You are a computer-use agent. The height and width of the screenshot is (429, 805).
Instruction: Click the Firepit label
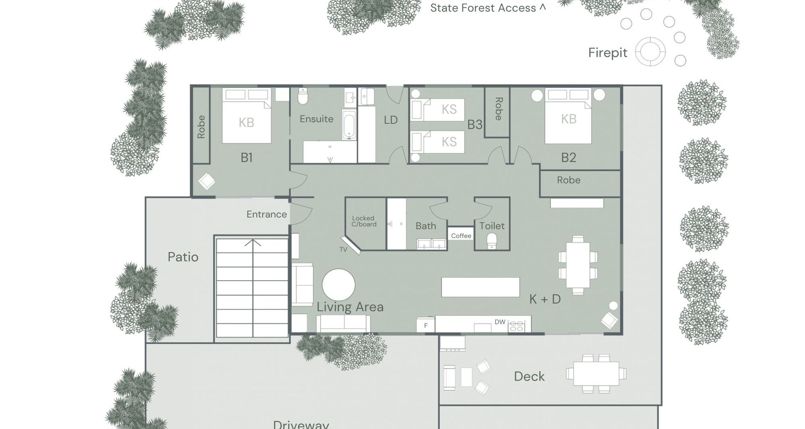click(608, 53)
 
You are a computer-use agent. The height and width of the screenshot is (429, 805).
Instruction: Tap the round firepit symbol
click(650, 52)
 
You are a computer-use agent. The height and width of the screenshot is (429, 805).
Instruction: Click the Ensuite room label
click(317, 119)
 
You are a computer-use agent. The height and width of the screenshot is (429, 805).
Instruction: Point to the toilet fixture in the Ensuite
click(303, 96)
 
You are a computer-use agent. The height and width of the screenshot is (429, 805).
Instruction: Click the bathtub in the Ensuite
click(349, 125)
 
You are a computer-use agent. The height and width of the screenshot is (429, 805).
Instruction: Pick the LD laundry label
click(391, 120)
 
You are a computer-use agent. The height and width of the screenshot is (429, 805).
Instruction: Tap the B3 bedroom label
click(475, 125)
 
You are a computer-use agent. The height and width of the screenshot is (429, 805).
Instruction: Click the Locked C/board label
click(364, 221)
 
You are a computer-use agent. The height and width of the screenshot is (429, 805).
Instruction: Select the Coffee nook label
click(461, 236)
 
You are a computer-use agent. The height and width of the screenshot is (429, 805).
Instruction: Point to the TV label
click(343, 250)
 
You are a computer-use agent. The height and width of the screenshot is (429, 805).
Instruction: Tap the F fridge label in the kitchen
click(426, 326)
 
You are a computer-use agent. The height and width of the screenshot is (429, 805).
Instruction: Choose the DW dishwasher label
click(500, 322)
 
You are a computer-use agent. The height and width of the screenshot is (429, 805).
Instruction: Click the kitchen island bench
click(480, 287)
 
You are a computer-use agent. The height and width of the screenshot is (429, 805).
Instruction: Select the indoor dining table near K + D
click(578, 265)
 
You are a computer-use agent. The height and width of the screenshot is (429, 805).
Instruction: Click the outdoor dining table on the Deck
click(596, 374)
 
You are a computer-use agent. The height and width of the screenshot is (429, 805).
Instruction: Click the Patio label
click(183, 257)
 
